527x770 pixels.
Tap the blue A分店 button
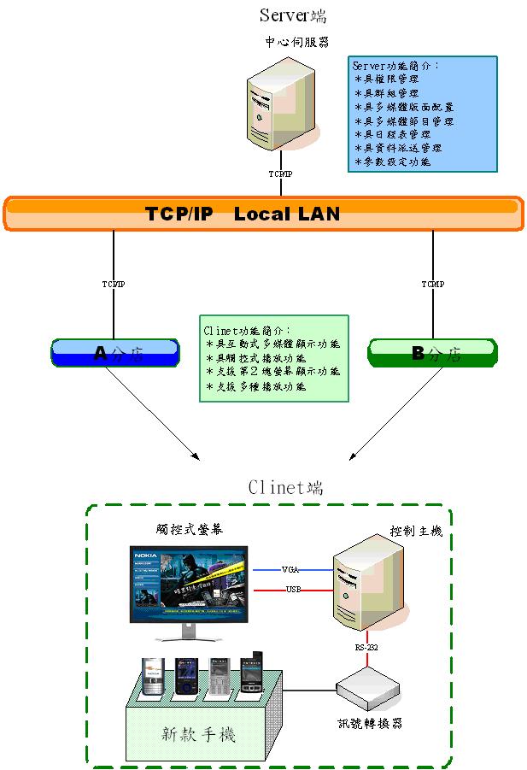tap(114, 352)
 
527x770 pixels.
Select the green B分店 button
tap(432, 353)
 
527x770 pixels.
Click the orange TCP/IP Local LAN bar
tap(263, 214)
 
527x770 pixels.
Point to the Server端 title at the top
tap(292, 15)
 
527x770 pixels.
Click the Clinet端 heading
tap(285, 487)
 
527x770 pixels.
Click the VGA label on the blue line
tap(290, 568)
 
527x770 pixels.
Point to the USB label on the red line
tap(292, 590)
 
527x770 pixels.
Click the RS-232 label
tap(366, 648)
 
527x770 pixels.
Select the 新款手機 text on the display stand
tap(199, 733)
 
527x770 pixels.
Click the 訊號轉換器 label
tap(369, 723)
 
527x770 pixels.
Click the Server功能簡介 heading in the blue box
tap(396, 65)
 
